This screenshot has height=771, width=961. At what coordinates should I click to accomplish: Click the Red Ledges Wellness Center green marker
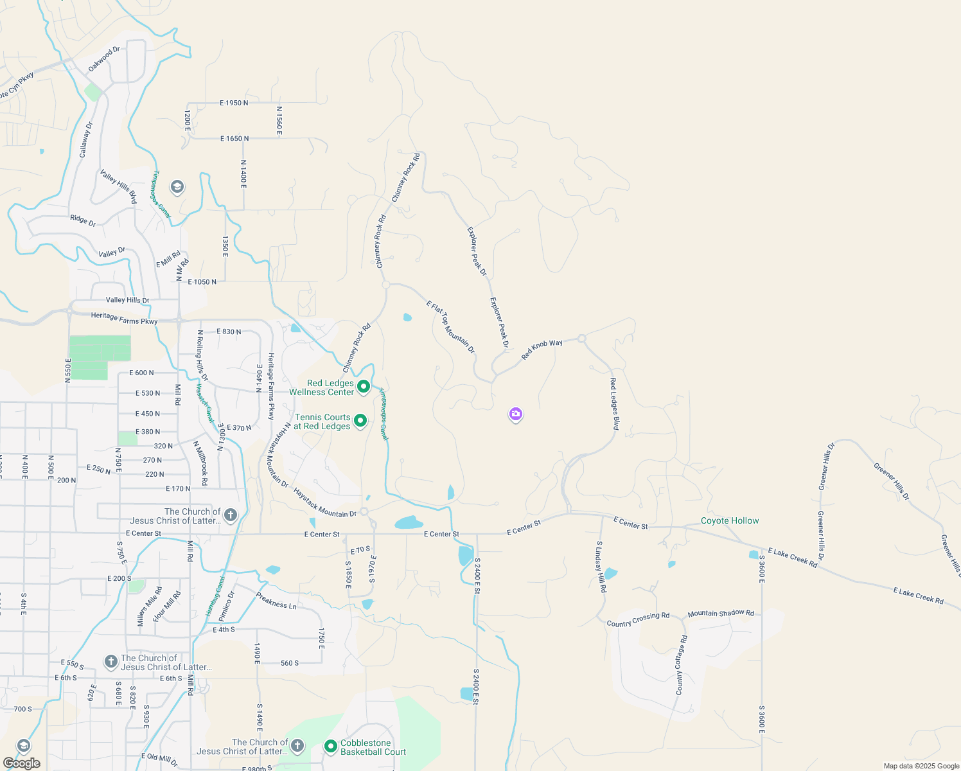pyautogui.click(x=363, y=386)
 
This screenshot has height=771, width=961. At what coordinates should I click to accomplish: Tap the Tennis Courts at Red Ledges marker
pyautogui.click(x=360, y=421)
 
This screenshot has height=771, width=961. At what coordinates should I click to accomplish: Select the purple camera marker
pyautogui.click(x=515, y=414)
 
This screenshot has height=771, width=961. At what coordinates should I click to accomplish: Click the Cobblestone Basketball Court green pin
pyautogui.click(x=331, y=746)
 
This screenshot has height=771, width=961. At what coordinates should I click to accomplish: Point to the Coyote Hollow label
pyautogui.click(x=730, y=520)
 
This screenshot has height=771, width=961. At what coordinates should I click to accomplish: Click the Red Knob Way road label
pyautogui.click(x=542, y=349)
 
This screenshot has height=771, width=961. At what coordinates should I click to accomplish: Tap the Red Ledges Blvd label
pyautogui.click(x=614, y=403)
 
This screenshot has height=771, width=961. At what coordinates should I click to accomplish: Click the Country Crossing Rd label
pyautogui.click(x=638, y=619)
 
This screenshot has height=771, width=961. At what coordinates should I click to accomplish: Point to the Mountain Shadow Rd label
pyautogui.click(x=721, y=614)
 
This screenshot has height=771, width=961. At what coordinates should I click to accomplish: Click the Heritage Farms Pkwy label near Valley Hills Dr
pyautogui.click(x=124, y=317)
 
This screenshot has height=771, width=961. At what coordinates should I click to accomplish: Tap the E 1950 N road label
pyautogui.click(x=234, y=103)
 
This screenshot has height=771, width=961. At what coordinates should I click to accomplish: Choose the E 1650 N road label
pyautogui.click(x=234, y=138)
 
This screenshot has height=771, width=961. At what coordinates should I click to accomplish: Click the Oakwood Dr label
pyautogui.click(x=104, y=58)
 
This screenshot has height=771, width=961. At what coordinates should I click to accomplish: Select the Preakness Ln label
pyautogui.click(x=276, y=600)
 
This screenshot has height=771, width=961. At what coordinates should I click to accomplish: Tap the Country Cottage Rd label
pyautogui.click(x=682, y=665)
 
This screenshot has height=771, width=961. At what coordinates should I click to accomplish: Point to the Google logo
pyautogui.click(x=22, y=763)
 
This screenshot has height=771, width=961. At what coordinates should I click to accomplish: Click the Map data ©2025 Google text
pyautogui.click(x=921, y=766)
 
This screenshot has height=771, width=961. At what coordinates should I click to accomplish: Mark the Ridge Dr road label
pyautogui.click(x=83, y=220)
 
